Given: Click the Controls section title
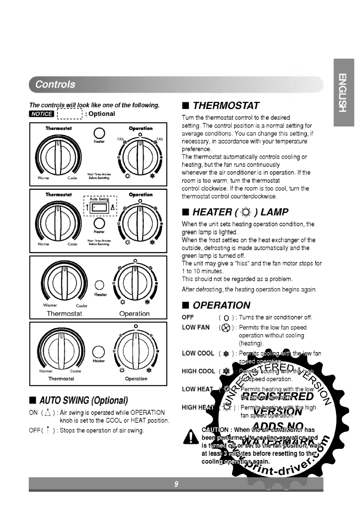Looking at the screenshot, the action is [55, 84].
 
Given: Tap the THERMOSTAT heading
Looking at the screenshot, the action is [226, 105].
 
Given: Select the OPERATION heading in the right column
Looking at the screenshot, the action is [221, 305].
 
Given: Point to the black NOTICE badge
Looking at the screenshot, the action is [41, 114].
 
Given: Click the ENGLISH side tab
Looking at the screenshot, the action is [343, 92].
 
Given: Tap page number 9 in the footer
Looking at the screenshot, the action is [176, 484].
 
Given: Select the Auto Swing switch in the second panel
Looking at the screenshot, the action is [100, 207].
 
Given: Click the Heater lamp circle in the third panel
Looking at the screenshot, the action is [100, 285].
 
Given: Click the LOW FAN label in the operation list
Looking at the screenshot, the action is [196, 327].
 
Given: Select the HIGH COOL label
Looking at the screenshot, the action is [198, 371].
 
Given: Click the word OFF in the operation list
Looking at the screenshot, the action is [188, 317].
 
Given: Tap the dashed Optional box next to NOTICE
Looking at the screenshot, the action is [70, 114].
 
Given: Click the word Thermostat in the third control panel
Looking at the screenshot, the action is [64, 314].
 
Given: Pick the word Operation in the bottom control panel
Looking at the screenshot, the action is [136, 379].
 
